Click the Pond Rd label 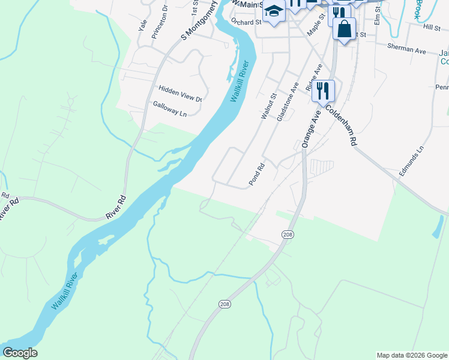pyautogui.click(x=256, y=175)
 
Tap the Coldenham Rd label pyautogui.click(x=341, y=125)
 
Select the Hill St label pyautogui.click(x=431, y=27)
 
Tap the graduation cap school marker pyautogui.click(x=274, y=12)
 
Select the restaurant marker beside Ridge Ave pyautogui.click(x=323, y=91)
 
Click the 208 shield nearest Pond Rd pyautogui.click(x=288, y=234)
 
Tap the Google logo pyautogui.click(x=19, y=353)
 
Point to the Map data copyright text pyautogui.click(x=411, y=355)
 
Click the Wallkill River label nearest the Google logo pyautogui.click(x=65, y=291)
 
